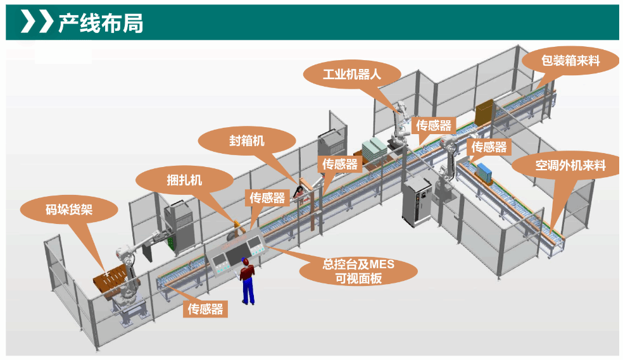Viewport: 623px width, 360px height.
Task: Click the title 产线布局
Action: (101, 23)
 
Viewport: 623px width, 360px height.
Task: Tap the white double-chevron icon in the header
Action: (37, 22)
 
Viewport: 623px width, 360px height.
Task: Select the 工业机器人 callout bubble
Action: (351, 74)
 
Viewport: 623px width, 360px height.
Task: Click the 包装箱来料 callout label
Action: (570, 61)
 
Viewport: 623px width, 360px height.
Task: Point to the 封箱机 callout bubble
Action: (247, 140)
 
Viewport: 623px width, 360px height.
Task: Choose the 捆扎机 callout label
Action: (184, 180)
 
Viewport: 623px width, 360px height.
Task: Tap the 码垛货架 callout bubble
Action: (69, 209)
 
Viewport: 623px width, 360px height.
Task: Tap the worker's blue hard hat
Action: (244, 260)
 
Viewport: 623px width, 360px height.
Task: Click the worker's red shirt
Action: (246, 273)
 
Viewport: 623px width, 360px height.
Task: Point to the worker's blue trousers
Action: (248, 292)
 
